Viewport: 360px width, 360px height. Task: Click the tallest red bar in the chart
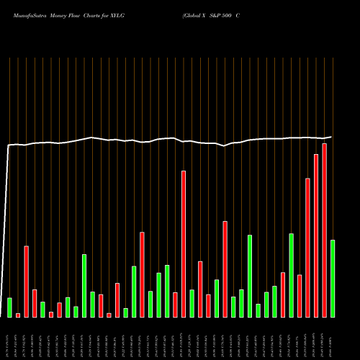324,230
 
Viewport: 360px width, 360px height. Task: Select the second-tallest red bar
315,235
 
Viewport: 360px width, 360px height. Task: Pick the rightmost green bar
333,279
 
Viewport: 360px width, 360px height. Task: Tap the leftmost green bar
9,307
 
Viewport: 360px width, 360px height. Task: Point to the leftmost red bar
18,315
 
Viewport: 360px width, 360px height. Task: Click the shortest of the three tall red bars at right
307,248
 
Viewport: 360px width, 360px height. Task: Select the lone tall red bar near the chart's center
183,244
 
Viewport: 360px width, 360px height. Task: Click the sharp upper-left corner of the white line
9,145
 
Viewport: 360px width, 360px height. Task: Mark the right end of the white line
331,137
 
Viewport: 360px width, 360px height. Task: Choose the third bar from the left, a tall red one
26,282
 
